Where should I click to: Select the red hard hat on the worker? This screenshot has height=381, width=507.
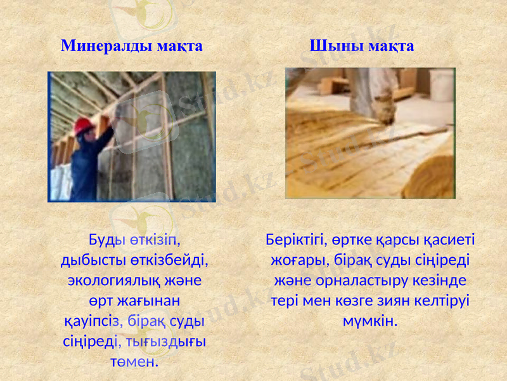point(84,126)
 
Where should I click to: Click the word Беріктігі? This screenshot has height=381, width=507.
point(295,241)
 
